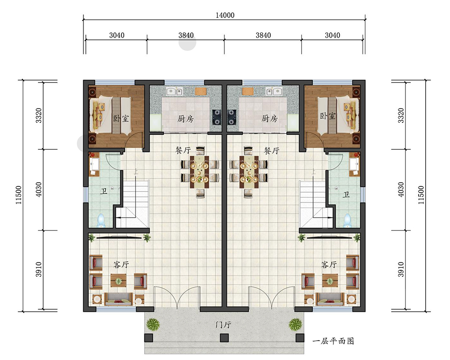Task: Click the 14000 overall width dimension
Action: [225, 15]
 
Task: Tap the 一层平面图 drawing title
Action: [333, 341]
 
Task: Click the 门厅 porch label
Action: [223, 325]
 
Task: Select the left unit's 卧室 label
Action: [121, 118]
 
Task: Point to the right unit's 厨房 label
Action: [270, 118]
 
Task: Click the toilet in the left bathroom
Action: [101, 220]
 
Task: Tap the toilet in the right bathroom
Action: [347, 220]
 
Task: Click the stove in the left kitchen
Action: [217, 117]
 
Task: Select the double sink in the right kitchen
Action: [273, 92]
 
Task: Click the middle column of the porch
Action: [224, 338]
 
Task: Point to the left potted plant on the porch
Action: [153, 324]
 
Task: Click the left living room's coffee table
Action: [118, 280]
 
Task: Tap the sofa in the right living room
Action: [330, 299]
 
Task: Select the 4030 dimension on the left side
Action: [39, 189]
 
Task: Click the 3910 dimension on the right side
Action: [401, 270]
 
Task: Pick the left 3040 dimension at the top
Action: [117, 35]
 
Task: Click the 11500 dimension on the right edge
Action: [421, 195]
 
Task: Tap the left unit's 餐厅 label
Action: [183, 150]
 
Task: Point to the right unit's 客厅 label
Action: [329, 264]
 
